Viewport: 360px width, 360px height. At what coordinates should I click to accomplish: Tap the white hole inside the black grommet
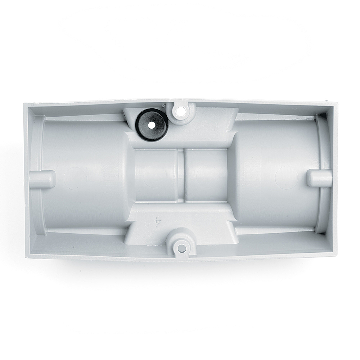(x=151, y=126)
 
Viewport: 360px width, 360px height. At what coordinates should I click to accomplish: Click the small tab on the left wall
(x=42, y=178)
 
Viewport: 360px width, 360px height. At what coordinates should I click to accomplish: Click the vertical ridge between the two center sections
(x=181, y=176)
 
